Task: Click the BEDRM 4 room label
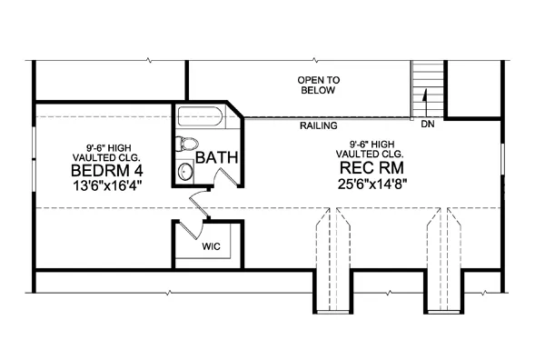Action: [x=108, y=170]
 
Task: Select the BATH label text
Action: [x=218, y=157]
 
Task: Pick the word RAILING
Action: [x=319, y=126]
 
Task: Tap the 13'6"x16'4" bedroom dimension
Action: [x=108, y=185]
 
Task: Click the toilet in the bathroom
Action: [x=188, y=144]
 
